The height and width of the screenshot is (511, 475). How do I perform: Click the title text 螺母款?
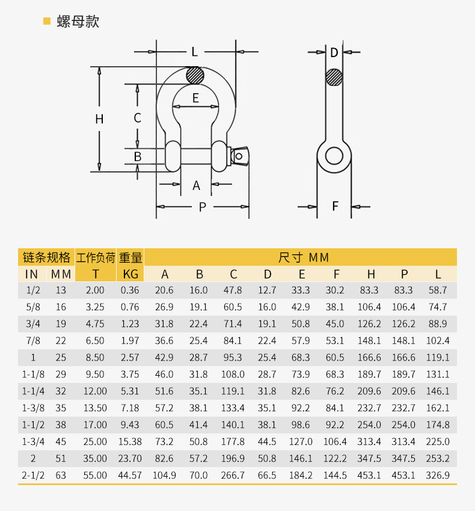(78, 22)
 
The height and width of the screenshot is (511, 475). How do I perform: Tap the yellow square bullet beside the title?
(47, 21)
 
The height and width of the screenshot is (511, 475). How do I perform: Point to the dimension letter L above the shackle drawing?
(195, 52)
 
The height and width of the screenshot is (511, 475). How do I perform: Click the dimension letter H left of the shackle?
(99, 119)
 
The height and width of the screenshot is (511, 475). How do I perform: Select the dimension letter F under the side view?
(335, 206)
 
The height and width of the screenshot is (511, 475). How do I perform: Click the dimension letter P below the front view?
(203, 207)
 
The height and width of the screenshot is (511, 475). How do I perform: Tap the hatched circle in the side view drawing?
(334, 78)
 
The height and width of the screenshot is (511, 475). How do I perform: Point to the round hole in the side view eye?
(334, 156)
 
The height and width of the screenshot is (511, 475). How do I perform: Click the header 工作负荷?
(96, 258)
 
